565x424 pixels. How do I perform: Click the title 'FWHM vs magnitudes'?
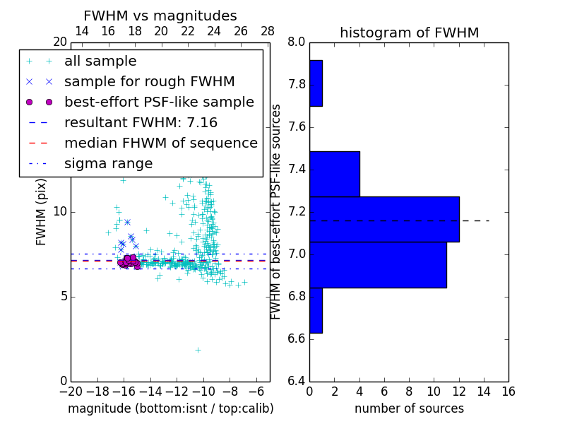(160, 16)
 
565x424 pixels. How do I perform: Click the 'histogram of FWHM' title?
(409, 33)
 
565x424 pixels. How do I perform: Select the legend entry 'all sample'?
(100, 61)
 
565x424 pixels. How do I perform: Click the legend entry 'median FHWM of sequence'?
(160, 143)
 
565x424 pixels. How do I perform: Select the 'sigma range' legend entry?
(108, 163)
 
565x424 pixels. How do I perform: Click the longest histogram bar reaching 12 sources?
(384, 219)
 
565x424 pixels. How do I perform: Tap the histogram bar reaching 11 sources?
(378, 264)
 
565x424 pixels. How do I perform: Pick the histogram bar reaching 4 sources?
(334, 174)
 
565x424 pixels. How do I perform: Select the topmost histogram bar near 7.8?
(316, 83)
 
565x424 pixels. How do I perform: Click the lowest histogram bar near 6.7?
(316, 310)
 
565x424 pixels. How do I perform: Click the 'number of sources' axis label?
(409, 408)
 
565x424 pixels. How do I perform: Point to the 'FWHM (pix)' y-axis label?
(42, 211)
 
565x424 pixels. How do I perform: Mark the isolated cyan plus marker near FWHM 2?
(198, 349)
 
